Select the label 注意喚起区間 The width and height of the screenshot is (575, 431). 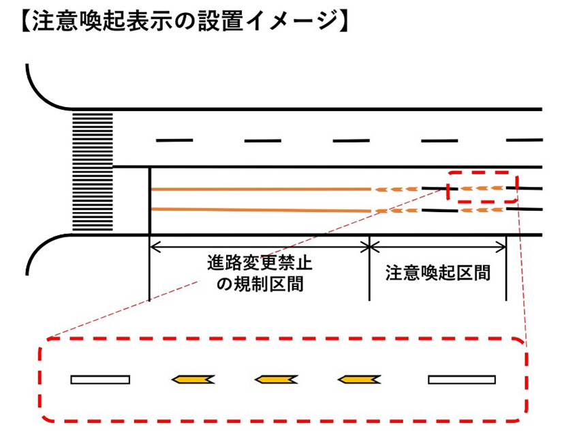click(437, 273)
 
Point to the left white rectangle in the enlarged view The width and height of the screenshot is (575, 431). click(100, 379)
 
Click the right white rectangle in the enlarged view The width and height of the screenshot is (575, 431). click(461, 379)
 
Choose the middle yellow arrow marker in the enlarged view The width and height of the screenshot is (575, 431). click(276, 379)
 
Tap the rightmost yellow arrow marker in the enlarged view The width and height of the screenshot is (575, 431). click(359, 379)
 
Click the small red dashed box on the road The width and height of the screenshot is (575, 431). click(482, 187)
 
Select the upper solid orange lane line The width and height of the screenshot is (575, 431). click(259, 189)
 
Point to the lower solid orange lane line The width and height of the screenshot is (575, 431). click(259, 210)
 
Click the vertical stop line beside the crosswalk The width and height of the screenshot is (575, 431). click(149, 200)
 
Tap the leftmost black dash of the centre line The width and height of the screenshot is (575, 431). click(174, 141)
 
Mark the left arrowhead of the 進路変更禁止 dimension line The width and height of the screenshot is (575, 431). click(154, 244)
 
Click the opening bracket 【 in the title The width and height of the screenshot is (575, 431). click(21, 21)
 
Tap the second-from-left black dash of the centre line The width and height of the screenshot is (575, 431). click(262, 141)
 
